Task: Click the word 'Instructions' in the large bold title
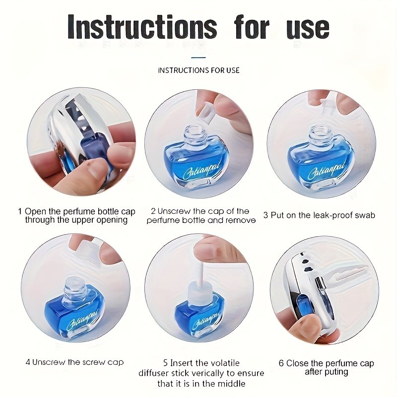pyautogui.click(x=142, y=27)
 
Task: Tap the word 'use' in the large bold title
pyautogui.click(x=308, y=29)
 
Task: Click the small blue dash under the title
pyautogui.click(x=198, y=58)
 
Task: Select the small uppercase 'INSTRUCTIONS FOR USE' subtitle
pyautogui.click(x=199, y=70)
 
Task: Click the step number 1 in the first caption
pyautogui.click(x=20, y=211)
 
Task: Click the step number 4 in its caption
pyautogui.click(x=28, y=362)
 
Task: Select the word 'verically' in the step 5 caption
pyautogui.click(x=206, y=373)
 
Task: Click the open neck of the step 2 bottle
pyautogui.click(x=195, y=133)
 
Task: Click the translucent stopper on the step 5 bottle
pyautogui.click(x=199, y=291)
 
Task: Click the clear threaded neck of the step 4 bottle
pyautogui.click(x=75, y=288)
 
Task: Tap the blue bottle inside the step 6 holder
pyautogui.click(x=301, y=305)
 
